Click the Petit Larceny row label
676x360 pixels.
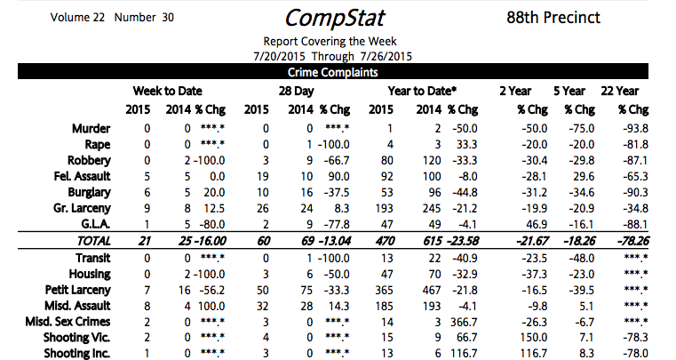tap(78, 289)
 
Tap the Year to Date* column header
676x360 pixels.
tap(422, 91)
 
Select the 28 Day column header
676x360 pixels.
tap(291, 91)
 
